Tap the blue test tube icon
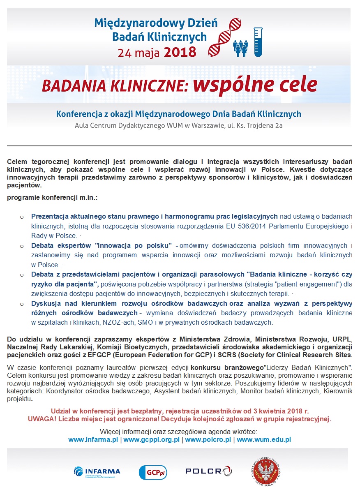tap(258, 42)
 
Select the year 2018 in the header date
tap(180, 52)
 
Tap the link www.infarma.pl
tap(93, 439)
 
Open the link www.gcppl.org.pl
tap(152, 439)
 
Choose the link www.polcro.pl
tap(208, 439)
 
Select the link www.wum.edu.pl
tap(264, 439)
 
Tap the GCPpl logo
tap(153, 472)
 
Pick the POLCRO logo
tap(208, 471)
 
